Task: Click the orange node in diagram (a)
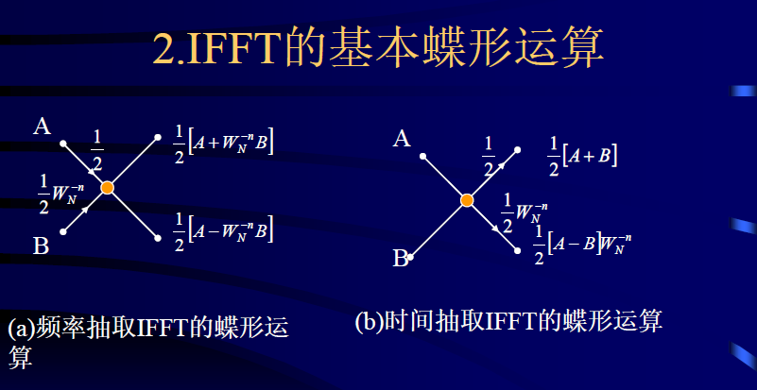tap(108, 188)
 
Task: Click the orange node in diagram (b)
tap(467, 199)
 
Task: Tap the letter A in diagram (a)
tap(42, 126)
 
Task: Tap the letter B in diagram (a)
tap(41, 247)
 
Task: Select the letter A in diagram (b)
tap(402, 140)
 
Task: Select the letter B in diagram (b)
tap(401, 258)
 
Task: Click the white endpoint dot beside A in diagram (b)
tap(423, 156)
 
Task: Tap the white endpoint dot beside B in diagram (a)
tap(63, 230)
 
